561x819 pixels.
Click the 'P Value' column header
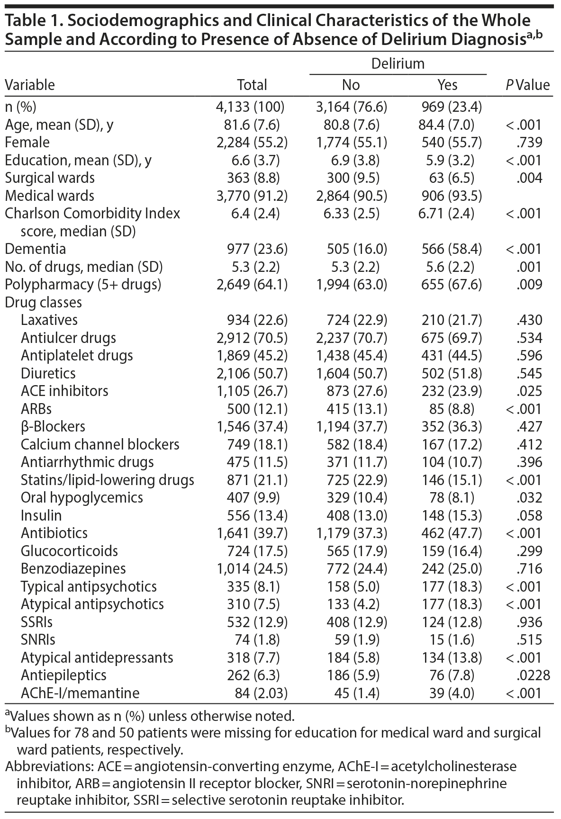(x=527, y=85)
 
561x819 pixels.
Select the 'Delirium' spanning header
(x=398, y=63)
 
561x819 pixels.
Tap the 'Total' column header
(x=252, y=85)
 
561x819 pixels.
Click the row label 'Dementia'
(x=36, y=249)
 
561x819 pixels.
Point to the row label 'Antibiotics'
(x=54, y=533)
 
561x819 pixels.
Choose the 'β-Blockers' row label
(x=53, y=426)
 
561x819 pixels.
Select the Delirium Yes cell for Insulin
(x=448, y=515)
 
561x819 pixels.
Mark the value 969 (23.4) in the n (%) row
(x=448, y=107)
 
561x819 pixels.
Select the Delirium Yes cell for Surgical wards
(x=448, y=178)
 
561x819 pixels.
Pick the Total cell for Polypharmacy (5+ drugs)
(x=252, y=285)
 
